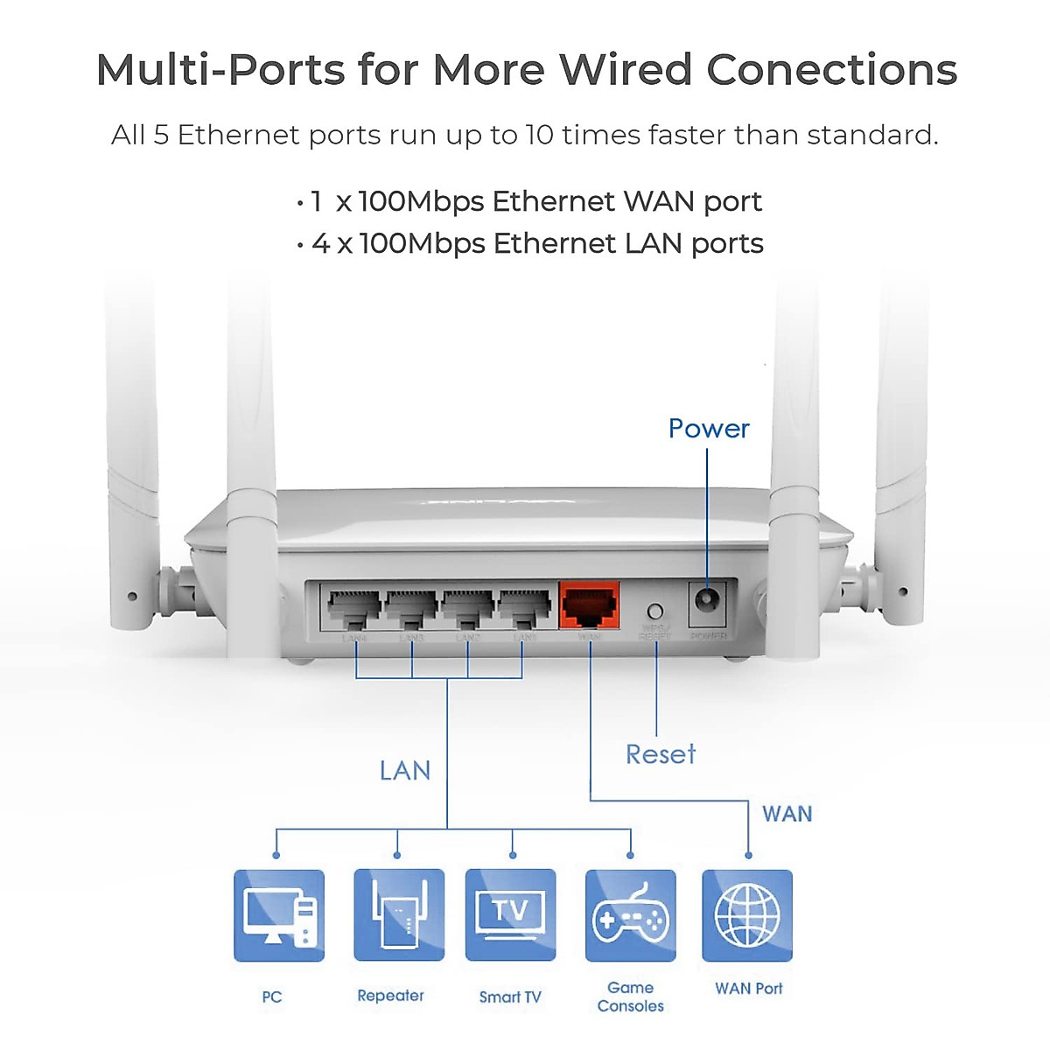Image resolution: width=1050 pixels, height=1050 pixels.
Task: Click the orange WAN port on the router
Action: pyautogui.click(x=589, y=605)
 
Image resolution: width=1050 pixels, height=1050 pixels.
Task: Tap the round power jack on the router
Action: pyautogui.click(x=707, y=601)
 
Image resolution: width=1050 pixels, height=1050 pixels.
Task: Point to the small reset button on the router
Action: pyautogui.click(x=654, y=611)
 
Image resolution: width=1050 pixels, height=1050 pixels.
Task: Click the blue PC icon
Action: pyautogui.click(x=279, y=915)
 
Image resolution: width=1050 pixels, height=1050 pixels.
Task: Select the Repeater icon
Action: pyautogui.click(x=398, y=915)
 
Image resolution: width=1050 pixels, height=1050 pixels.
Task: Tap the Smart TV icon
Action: pyautogui.click(x=510, y=915)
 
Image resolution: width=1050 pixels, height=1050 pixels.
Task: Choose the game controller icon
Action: pyautogui.click(x=630, y=915)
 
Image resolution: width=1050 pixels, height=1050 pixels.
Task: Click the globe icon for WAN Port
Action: pyautogui.click(x=747, y=915)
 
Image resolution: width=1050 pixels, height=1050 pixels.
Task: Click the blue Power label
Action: pyautogui.click(x=709, y=429)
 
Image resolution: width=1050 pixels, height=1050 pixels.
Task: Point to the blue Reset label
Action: pyautogui.click(x=661, y=754)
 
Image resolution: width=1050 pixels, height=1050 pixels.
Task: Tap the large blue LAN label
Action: pyautogui.click(x=405, y=771)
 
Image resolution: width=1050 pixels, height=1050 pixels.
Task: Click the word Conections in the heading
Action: pyautogui.click(x=831, y=70)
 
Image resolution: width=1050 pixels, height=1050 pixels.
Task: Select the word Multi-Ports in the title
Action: pyautogui.click(x=220, y=70)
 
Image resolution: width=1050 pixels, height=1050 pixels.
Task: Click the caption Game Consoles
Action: pyautogui.click(x=630, y=997)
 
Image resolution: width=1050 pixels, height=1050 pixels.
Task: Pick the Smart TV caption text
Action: pyautogui.click(x=510, y=997)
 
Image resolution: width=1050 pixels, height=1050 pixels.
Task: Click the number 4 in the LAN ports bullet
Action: pyautogui.click(x=321, y=244)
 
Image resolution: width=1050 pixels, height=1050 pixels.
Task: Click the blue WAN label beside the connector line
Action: pyautogui.click(x=787, y=815)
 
